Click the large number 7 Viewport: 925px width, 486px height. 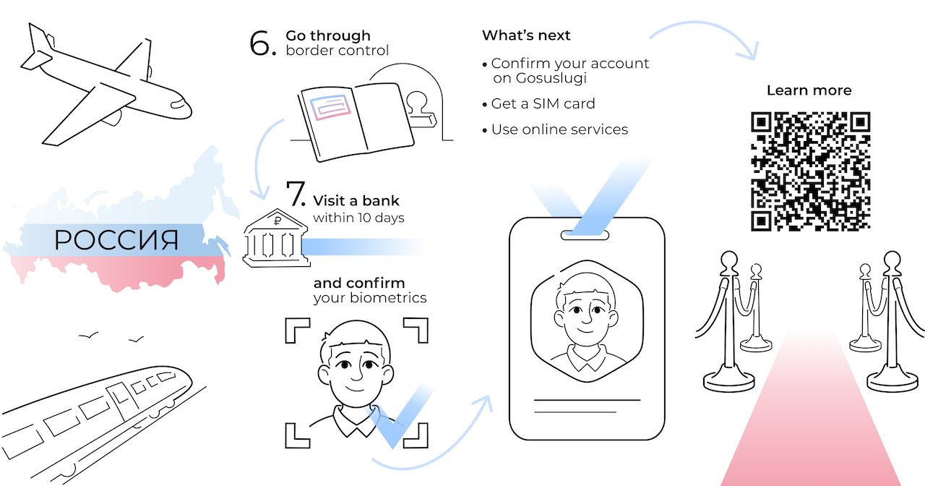(x=295, y=193)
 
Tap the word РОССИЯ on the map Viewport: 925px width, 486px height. (x=116, y=240)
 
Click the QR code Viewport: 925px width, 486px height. (x=810, y=171)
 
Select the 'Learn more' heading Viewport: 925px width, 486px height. (x=809, y=90)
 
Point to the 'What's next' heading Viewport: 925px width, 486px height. (x=526, y=35)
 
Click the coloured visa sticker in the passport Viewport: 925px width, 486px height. (x=330, y=107)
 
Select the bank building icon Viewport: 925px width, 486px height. (x=276, y=238)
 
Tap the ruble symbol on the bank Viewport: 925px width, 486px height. (x=277, y=221)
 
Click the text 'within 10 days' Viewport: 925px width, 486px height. (x=358, y=218)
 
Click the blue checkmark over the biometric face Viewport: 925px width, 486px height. (x=398, y=415)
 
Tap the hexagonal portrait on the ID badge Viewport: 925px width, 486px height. (x=587, y=321)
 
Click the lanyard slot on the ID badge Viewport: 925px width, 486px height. (x=585, y=235)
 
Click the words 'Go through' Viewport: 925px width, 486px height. (x=328, y=36)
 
